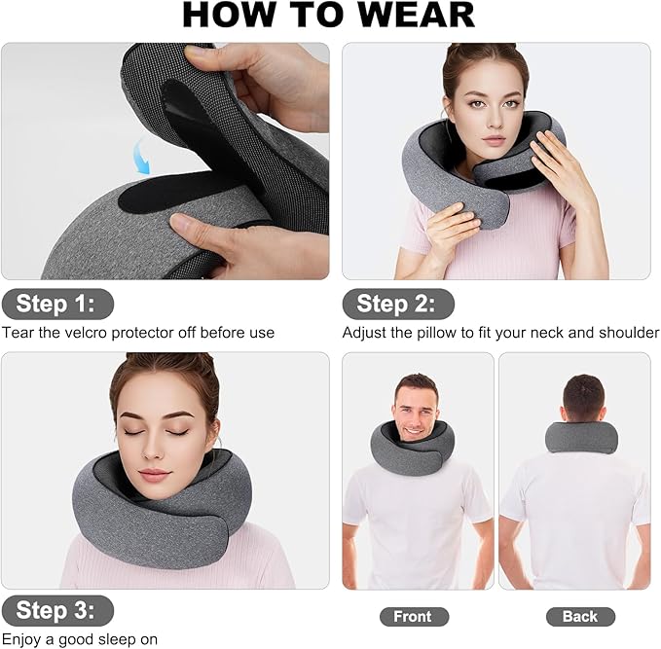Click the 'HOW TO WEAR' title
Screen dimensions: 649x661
[x=329, y=15]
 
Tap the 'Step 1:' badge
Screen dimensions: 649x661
[x=57, y=304]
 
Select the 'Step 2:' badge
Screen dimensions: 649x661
[x=398, y=304]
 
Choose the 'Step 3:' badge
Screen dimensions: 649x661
[x=57, y=610]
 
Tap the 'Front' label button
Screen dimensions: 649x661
[x=414, y=616]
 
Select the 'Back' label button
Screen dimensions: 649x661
[x=580, y=616]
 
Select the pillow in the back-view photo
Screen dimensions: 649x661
[x=581, y=437]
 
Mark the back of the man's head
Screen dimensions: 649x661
[x=582, y=397]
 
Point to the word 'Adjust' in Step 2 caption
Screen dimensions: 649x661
[x=364, y=333]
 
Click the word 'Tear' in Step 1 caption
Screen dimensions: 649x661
[x=18, y=333]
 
